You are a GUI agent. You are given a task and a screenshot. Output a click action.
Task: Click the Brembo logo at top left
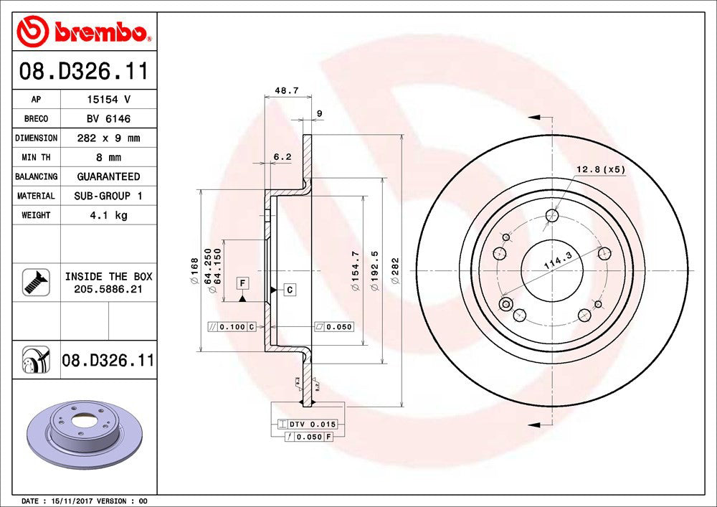85,32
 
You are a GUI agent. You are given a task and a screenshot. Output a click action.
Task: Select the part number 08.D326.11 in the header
85,71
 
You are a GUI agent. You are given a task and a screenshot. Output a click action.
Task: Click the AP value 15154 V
108,100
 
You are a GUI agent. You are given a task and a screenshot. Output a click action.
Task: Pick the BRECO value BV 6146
108,119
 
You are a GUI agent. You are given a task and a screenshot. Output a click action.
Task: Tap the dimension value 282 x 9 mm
108,138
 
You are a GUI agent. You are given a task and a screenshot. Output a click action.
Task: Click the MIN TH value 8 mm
108,157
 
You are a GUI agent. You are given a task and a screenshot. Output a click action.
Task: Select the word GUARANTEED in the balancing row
108,176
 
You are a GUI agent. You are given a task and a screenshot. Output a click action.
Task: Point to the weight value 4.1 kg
108,215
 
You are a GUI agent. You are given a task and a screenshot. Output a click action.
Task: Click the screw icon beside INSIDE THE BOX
36,282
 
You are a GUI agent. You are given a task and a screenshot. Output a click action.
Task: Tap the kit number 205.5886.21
108,288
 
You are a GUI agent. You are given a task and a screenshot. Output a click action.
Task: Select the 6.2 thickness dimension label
282,156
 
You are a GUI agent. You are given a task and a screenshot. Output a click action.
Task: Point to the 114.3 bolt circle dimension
557,263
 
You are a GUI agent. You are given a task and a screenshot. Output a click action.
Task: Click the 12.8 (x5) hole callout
601,169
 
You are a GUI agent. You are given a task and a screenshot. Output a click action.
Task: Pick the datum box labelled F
243,283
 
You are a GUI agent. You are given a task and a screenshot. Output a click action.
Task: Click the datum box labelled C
290,290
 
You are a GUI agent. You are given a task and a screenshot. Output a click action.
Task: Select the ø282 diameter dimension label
395,271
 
